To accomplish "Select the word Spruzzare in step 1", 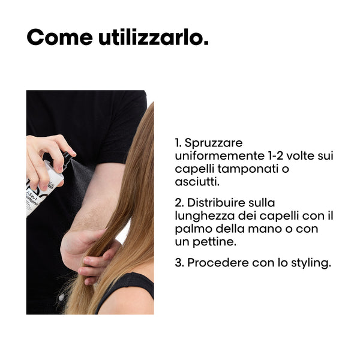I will click(214, 143).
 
